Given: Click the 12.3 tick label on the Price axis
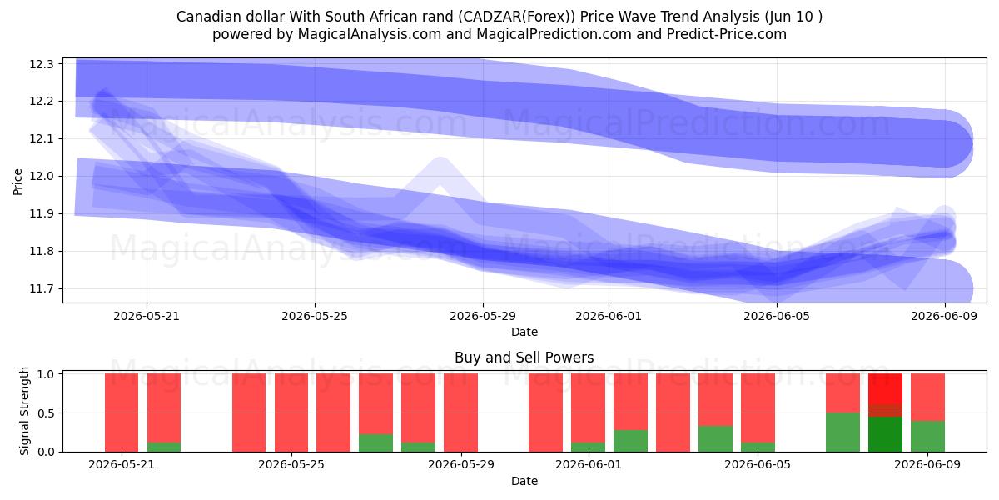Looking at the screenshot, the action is pyautogui.click(x=42, y=64).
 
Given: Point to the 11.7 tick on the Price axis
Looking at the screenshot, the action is pyautogui.click(x=42, y=289).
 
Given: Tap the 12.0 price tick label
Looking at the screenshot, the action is pyautogui.click(x=42, y=177).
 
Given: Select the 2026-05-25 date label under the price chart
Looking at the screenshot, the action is pyautogui.click(x=315, y=316).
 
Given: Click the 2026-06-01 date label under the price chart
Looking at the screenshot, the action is pyautogui.click(x=609, y=316).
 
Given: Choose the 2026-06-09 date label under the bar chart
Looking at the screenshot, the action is pyautogui.click(x=927, y=465).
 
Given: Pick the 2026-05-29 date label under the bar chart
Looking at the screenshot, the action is pyautogui.click(x=461, y=465).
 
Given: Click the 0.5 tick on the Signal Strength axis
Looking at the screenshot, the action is pyautogui.click(x=46, y=413).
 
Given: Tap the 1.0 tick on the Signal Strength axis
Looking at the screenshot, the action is pyautogui.click(x=46, y=374).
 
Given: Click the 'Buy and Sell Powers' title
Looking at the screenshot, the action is pyautogui.click(x=524, y=357).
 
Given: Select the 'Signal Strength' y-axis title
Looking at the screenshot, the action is pyautogui.click(x=24, y=411).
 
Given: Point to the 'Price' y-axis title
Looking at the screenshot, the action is pyautogui.click(x=17, y=182).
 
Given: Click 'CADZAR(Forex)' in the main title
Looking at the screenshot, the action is pyautogui.click(x=516, y=17).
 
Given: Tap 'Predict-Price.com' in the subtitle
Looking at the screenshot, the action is pyautogui.click(x=727, y=34).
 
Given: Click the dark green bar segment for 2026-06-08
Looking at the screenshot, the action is pyautogui.click(x=885, y=434).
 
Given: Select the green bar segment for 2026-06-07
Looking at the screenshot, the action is pyautogui.click(x=842, y=432).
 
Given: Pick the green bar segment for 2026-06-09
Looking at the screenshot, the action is pyautogui.click(x=927, y=436).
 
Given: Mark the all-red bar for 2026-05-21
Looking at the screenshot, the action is pyautogui.click(x=122, y=412).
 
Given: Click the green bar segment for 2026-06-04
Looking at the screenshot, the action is pyautogui.click(x=715, y=439).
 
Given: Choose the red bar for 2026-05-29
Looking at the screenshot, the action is pyautogui.click(x=460, y=412).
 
